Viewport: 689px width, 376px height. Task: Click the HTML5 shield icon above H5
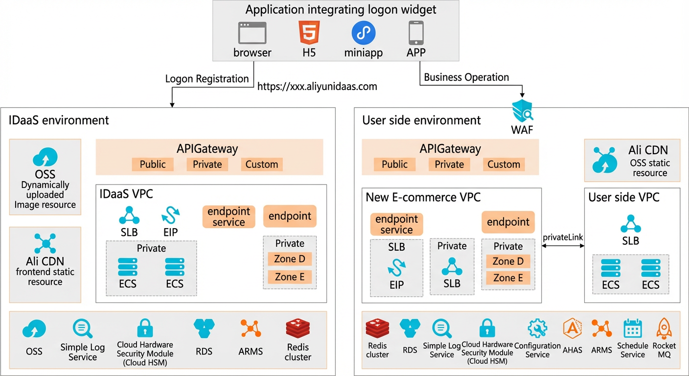point(309,33)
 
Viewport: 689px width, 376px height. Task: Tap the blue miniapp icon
point(363,33)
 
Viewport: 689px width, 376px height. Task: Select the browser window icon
point(252,33)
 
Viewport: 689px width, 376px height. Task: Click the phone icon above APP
point(416,33)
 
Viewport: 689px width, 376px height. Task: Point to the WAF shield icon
point(522,111)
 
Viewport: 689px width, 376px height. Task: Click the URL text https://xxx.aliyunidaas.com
point(317,87)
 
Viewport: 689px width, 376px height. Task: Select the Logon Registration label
point(207,79)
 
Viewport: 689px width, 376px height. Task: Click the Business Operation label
point(466,77)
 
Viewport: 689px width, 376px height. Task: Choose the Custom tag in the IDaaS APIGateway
point(262,164)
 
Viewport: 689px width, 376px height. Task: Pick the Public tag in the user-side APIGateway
point(394,164)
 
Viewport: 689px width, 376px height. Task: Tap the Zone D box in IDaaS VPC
point(290,259)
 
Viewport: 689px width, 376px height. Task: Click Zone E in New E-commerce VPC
point(508,278)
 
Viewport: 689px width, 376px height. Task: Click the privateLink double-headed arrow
point(563,246)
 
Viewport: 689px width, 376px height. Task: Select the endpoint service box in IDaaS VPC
point(229,216)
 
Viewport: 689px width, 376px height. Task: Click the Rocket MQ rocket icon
point(664,329)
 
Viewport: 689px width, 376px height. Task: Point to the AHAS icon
point(573,329)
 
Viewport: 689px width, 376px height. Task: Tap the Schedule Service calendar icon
point(633,329)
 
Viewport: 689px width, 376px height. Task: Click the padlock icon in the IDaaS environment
point(145,328)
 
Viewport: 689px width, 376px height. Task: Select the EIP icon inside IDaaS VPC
point(171,215)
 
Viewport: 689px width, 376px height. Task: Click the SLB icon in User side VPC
point(631,224)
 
